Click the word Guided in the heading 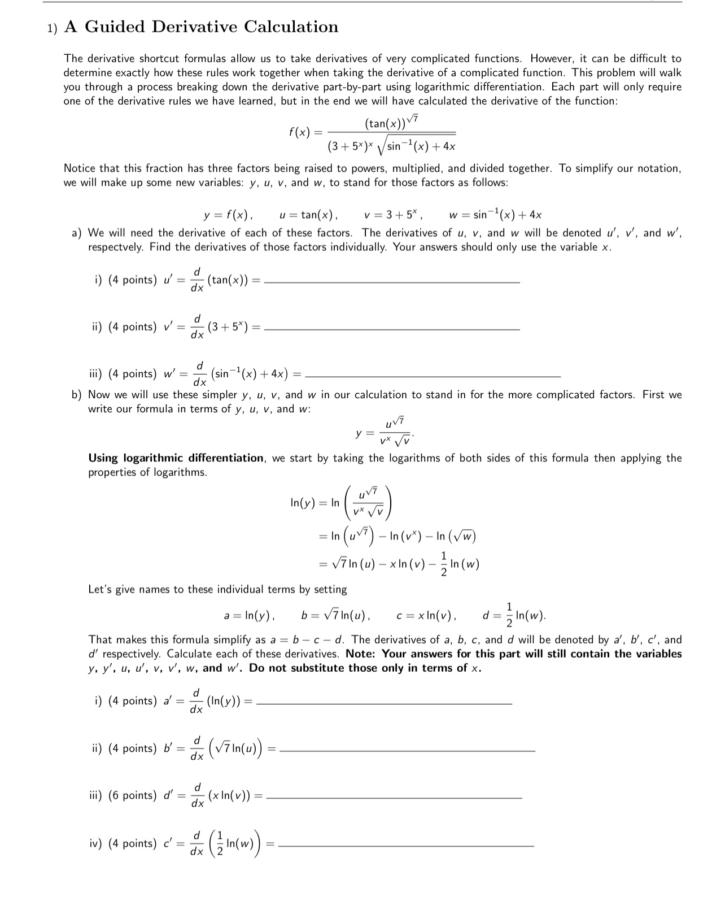tap(115, 27)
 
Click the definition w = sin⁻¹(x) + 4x tap(495, 215)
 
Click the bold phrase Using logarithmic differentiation tap(176, 458)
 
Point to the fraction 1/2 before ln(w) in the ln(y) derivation tap(443, 564)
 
